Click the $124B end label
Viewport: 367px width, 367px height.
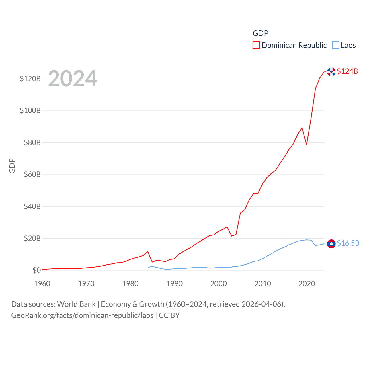(347, 71)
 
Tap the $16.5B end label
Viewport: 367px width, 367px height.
(348, 243)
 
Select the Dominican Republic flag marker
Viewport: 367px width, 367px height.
(331, 72)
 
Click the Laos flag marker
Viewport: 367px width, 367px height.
(331, 244)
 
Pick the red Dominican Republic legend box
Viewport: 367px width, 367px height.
(256, 45)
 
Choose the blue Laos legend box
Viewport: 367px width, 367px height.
(335, 45)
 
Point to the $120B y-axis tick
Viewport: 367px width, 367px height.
(30, 79)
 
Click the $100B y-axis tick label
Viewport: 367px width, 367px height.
(30, 110)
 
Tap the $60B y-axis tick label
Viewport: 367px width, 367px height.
(32, 174)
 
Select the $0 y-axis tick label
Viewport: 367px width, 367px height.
(36, 270)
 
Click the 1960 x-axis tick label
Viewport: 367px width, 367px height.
(42, 284)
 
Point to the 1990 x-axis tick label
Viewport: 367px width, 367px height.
(174, 284)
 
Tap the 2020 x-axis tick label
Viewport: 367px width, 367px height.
(307, 284)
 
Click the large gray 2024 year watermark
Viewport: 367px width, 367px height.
(73, 79)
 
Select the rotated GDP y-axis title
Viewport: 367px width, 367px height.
(12, 166)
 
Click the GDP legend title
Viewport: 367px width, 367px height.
(260, 33)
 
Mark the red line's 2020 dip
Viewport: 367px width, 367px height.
(307, 144)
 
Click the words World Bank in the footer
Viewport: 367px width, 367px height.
(76, 304)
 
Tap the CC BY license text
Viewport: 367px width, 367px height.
(169, 315)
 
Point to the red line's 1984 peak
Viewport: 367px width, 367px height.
(148, 252)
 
